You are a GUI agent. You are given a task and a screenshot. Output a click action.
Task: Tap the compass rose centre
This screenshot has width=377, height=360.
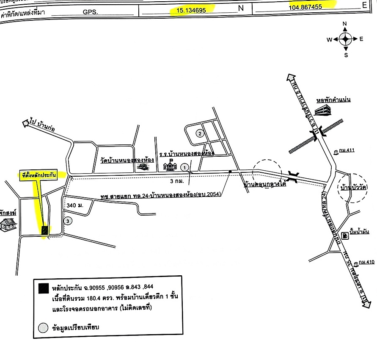(345, 39)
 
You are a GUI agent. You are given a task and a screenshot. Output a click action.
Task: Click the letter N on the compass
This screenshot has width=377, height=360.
(345, 24)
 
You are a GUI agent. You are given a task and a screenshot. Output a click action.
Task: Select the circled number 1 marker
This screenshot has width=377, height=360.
(184, 168)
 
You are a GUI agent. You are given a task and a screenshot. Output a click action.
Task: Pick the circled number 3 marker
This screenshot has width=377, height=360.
(68, 221)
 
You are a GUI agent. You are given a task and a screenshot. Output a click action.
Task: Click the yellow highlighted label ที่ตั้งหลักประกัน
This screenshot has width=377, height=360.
(39, 175)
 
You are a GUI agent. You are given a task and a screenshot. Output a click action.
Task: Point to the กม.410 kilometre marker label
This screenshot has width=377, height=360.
(365, 263)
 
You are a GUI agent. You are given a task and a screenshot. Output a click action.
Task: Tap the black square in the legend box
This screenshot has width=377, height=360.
(43, 289)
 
